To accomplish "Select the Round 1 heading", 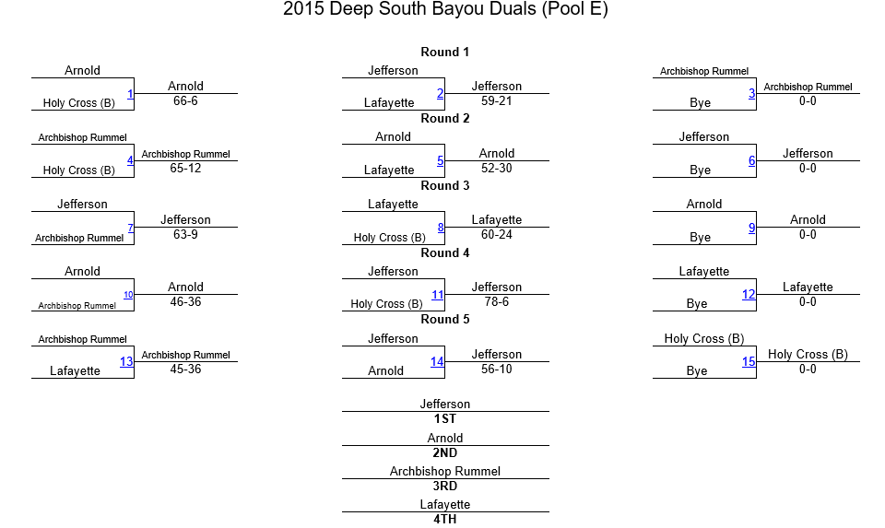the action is pyautogui.click(x=444, y=52).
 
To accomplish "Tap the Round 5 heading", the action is pyautogui.click(x=444, y=319).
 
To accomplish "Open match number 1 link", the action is pyautogui.click(x=130, y=94).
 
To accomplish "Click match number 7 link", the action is pyautogui.click(x=130, y=228).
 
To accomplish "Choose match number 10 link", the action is pyautogui.click(x=128, y=295).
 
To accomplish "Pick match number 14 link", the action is pyautogui.click(x=437, y=361).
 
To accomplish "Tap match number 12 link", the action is pyautogui.click(x=749, y=295).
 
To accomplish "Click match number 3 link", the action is pyautogui.click(x=752, y=94).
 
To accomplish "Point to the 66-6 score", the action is pyautogui.click(x=185, y=101).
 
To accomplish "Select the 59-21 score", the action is pyautogui.click(x=497, y=101).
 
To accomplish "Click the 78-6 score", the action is pyautogui.click(x=497, y=302).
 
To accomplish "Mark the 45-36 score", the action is pyautogui.click(x=185, y=369).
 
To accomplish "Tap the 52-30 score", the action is pyautogui.click(x=497, y=168).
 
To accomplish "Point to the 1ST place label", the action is pyautogui.click(x=444, y=418).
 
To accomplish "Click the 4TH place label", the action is pyautogui.click(x=444, y=519).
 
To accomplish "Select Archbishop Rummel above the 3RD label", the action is pyautogui.click(x=444, y=471).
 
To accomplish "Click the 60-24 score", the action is pyautogui.click(x=497, y=234).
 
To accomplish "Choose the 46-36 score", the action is pyautogui.click(x=185, y=302).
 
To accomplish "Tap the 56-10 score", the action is pyautogui.click(x=497, y=369).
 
